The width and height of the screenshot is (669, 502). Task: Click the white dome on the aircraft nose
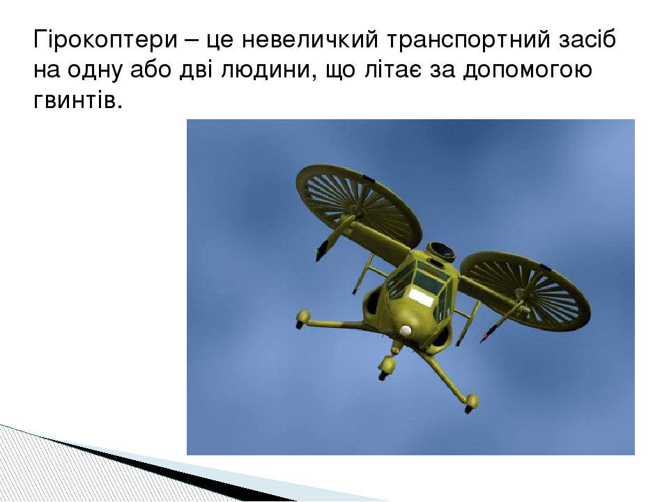406,331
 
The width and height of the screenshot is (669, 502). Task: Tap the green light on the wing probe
317,250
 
